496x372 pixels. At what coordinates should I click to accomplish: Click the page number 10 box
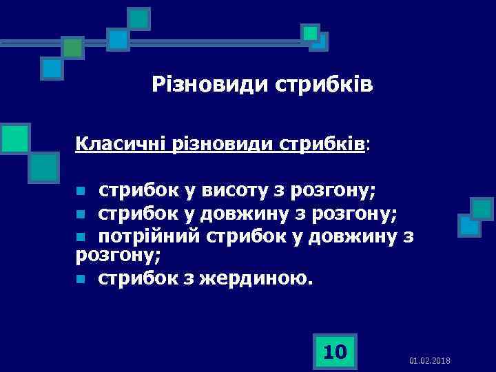[335, 352]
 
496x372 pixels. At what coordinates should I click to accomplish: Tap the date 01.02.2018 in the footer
[429, 361]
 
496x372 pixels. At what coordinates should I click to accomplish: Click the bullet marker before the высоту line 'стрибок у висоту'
[81, 190]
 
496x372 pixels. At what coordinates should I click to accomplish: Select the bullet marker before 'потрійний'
[81, 237]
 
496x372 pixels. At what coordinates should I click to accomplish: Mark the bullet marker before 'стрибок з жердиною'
[81, 280]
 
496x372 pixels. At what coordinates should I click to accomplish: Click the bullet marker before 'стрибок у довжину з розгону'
[81, 214]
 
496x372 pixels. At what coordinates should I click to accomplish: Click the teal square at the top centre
[139, 19]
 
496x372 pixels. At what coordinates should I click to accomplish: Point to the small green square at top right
[310, 32]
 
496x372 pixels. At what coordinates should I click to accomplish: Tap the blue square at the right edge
[469, 225]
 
